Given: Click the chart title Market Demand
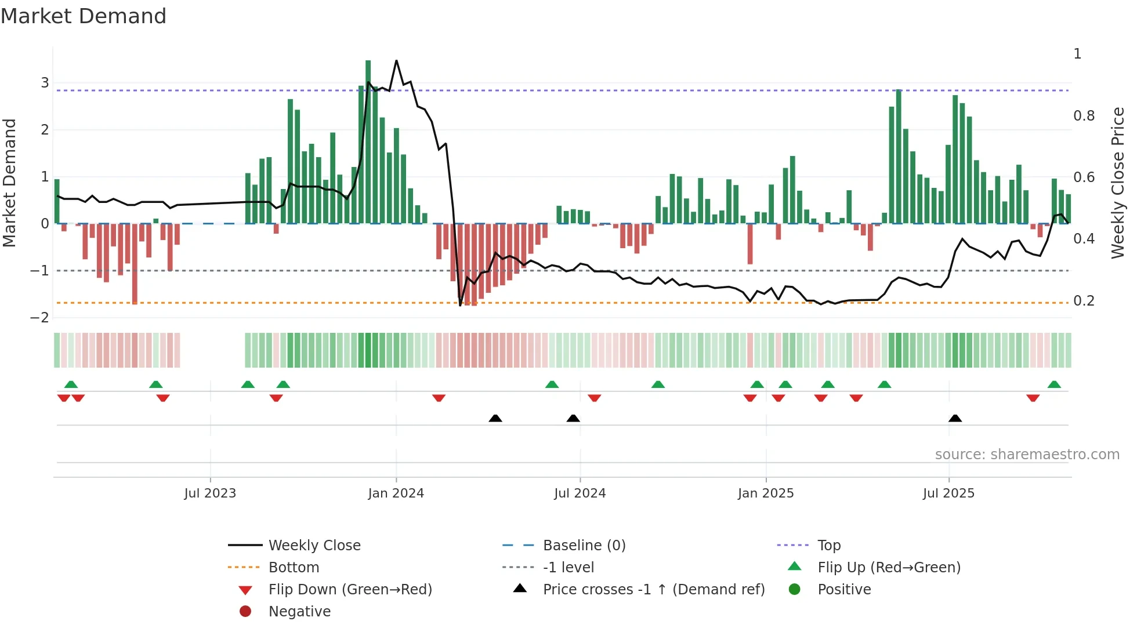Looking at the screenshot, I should pos(84,16).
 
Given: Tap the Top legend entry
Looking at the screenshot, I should pos(828,546).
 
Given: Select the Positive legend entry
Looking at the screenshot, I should pos(844,590).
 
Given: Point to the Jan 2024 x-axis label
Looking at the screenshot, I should pos(396,493).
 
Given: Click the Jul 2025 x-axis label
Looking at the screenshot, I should pos(948,493).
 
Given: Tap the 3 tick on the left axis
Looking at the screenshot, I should pos(45,83).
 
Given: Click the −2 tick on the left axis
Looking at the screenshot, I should pos(40,318).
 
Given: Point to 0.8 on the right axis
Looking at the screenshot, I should pos(1084,116).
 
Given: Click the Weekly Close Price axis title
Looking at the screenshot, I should pos(1118,183).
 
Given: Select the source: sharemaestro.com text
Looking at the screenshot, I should pos(1027,455).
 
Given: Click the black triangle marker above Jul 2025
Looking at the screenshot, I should pos(955,418).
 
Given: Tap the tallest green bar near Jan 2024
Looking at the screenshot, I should pos(368,139).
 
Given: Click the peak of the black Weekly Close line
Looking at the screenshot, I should pos(396,61).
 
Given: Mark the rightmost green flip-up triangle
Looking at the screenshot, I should pos(1054,384).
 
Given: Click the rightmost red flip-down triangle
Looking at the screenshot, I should pos(1033,398).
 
